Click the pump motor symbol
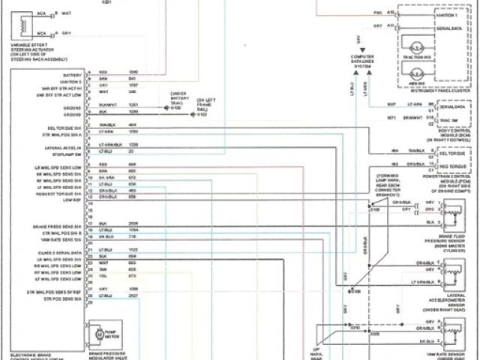(96, 331)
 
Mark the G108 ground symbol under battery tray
(166, 107)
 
